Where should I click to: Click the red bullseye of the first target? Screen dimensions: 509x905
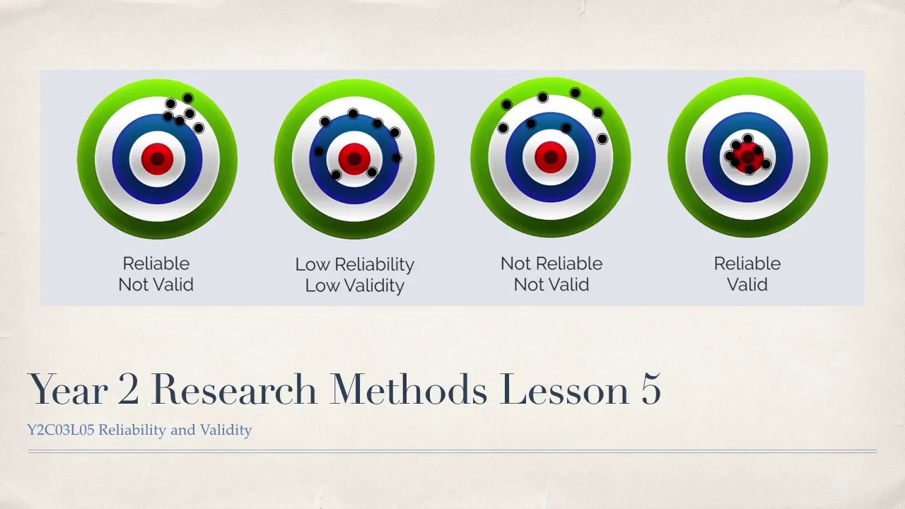[x=157, y=158]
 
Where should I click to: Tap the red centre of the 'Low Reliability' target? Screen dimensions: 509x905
[x=354, y=158]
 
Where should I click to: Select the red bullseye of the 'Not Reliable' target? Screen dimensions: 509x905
[x=551, y=158]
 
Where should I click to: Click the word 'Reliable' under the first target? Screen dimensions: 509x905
[x=156, y=264]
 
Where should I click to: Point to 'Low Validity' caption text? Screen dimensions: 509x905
[x=354, y=286]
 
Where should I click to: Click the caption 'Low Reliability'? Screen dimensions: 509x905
[x=354, y=264]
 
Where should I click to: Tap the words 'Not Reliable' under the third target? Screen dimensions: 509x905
[x=551, y=264]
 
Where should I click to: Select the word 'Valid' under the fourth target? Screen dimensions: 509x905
[x=747, y=285]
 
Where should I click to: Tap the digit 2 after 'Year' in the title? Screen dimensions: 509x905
[x=129, y=390]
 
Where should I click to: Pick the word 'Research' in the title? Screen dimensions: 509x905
[x=233, y=390]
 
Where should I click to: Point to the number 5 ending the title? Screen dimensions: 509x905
[x=650, y=390]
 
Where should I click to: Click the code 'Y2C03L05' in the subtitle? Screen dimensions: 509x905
[x=60, y=430]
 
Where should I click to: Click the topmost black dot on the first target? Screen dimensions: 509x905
[x=187, y=98]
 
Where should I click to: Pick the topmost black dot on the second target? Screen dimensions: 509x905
[x=353, y=114]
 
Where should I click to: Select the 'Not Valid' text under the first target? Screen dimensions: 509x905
[x=156, y=285]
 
